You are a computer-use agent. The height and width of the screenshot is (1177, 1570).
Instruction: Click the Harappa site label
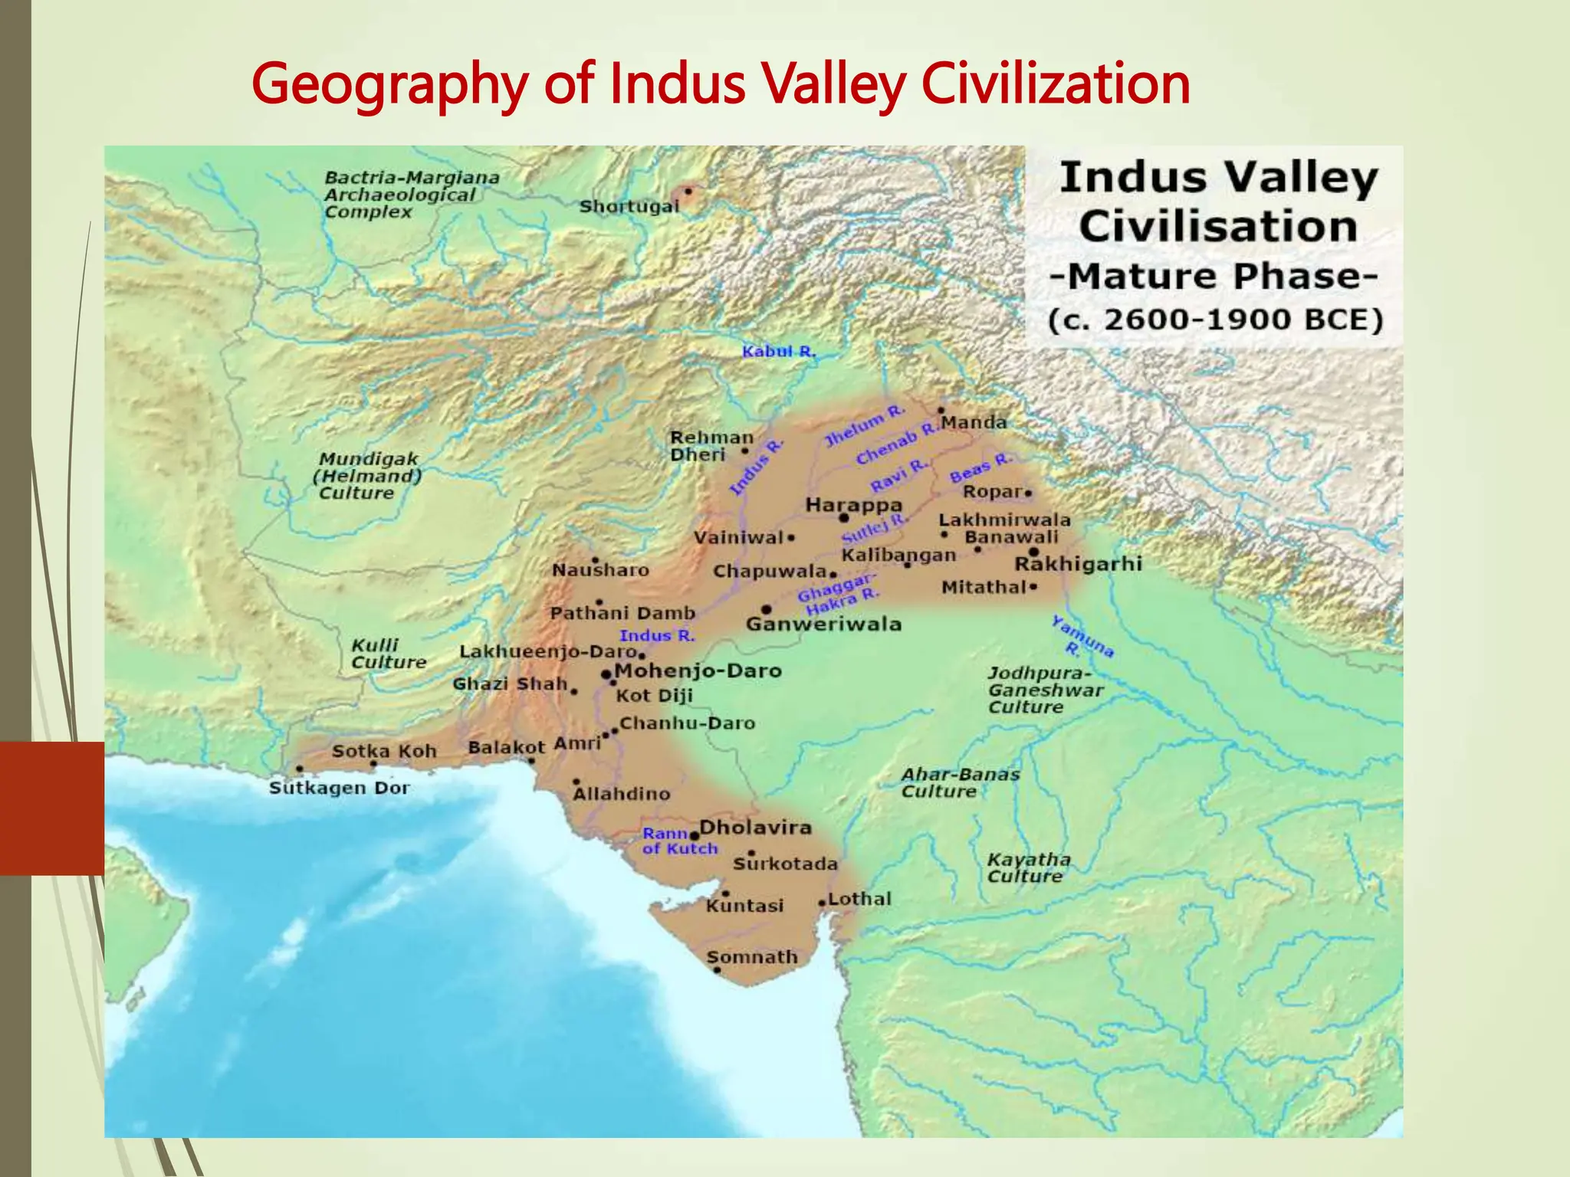[853, 506]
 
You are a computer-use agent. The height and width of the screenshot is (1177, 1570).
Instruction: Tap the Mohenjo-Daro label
[698, 671]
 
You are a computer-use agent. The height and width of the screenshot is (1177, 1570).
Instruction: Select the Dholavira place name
[755, 828]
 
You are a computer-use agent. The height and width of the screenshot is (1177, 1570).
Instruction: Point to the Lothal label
[859, 899]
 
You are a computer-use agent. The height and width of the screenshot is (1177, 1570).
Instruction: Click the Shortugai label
[629, 207]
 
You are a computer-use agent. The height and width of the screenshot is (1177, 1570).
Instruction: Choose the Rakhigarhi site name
[1078, 565]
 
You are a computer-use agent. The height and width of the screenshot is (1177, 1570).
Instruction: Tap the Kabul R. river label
[778, 352]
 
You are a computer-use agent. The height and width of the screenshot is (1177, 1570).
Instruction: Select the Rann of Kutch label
[679, 841]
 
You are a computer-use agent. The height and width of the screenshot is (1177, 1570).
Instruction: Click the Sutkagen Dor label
[339, 788]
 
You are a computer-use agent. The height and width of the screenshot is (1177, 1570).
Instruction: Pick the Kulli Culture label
[388, 654]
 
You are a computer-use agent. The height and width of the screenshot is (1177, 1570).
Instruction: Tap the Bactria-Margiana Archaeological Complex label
[411, 195]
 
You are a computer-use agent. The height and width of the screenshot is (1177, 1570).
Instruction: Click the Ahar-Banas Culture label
[960, 783]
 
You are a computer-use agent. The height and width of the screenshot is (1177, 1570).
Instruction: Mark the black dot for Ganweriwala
[766, 610]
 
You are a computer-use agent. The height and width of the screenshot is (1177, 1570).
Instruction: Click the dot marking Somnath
[717, 970]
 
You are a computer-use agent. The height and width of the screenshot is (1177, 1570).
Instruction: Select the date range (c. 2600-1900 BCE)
[1215, 320]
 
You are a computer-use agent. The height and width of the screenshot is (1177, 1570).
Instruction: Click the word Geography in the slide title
[389, 84]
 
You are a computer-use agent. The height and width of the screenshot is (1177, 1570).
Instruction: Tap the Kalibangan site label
[898, 555]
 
